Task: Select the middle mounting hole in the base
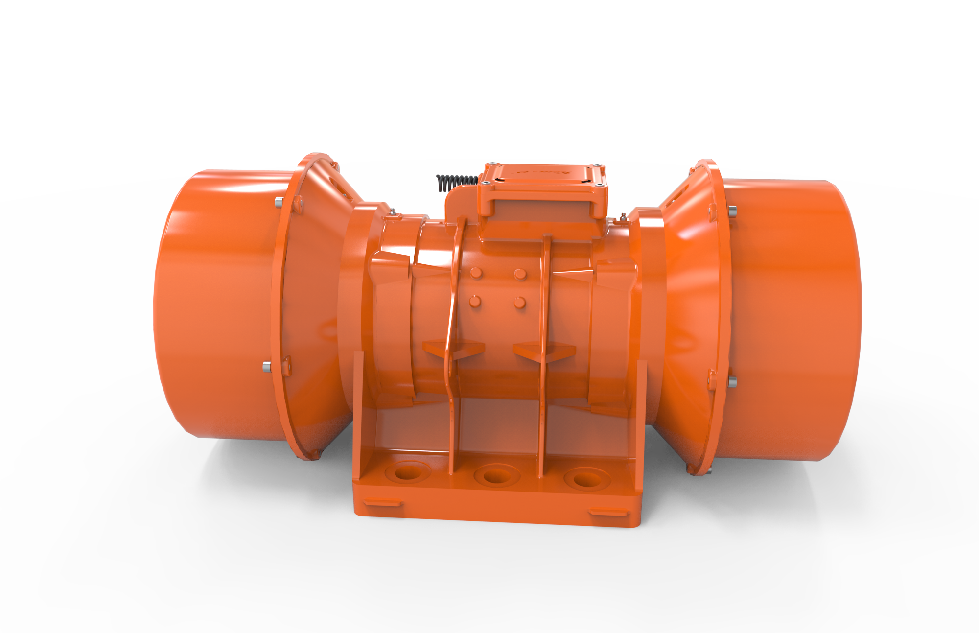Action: pos(496,475)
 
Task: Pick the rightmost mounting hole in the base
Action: pos(585,478)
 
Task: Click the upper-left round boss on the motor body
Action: pos(476,272)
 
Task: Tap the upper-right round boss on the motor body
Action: pos(520,274)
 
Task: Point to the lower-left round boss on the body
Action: pos(475,302)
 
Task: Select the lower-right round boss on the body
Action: pos(520,303)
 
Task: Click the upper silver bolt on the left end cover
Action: pos(279,201)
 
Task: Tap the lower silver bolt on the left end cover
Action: pos(267,366)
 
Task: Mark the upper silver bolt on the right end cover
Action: pos(732,211)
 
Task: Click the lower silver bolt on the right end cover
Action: pos(732,381)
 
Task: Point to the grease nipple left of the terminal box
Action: pos(392,212)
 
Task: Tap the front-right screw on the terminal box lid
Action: pos(598,185)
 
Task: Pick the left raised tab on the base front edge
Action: pos(383,502)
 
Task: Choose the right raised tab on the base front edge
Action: pos(607,513)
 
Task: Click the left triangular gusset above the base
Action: pos(453,349)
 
